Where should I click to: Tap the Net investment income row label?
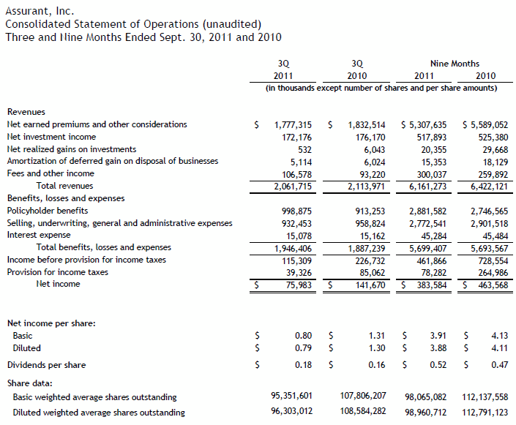click(x=51, y=137)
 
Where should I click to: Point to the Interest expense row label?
click(x=39, y=236)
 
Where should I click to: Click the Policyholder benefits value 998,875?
click(x=296, y=211)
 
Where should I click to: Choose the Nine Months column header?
click(x=455, y=64)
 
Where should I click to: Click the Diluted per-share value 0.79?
click(x=304, y=348)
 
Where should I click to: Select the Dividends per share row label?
click(x=46, y=365)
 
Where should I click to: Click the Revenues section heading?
click(x=26, y=112)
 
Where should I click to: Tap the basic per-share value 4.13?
click(x=500, y=336)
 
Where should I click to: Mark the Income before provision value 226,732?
click(x=369, y=260)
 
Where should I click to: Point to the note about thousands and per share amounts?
click(x=381, y=89)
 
